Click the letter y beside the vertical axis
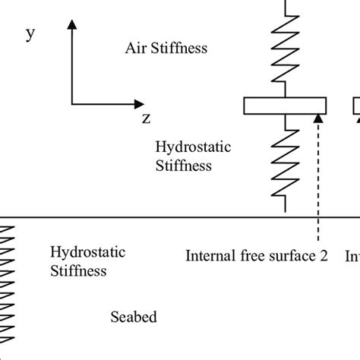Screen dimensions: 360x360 (30, 35)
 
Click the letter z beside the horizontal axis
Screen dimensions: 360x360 (147, 118)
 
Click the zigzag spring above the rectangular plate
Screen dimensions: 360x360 (285, 53)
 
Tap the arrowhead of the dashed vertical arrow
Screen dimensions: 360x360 (317, 118)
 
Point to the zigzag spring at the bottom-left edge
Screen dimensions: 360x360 (8, 289)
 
